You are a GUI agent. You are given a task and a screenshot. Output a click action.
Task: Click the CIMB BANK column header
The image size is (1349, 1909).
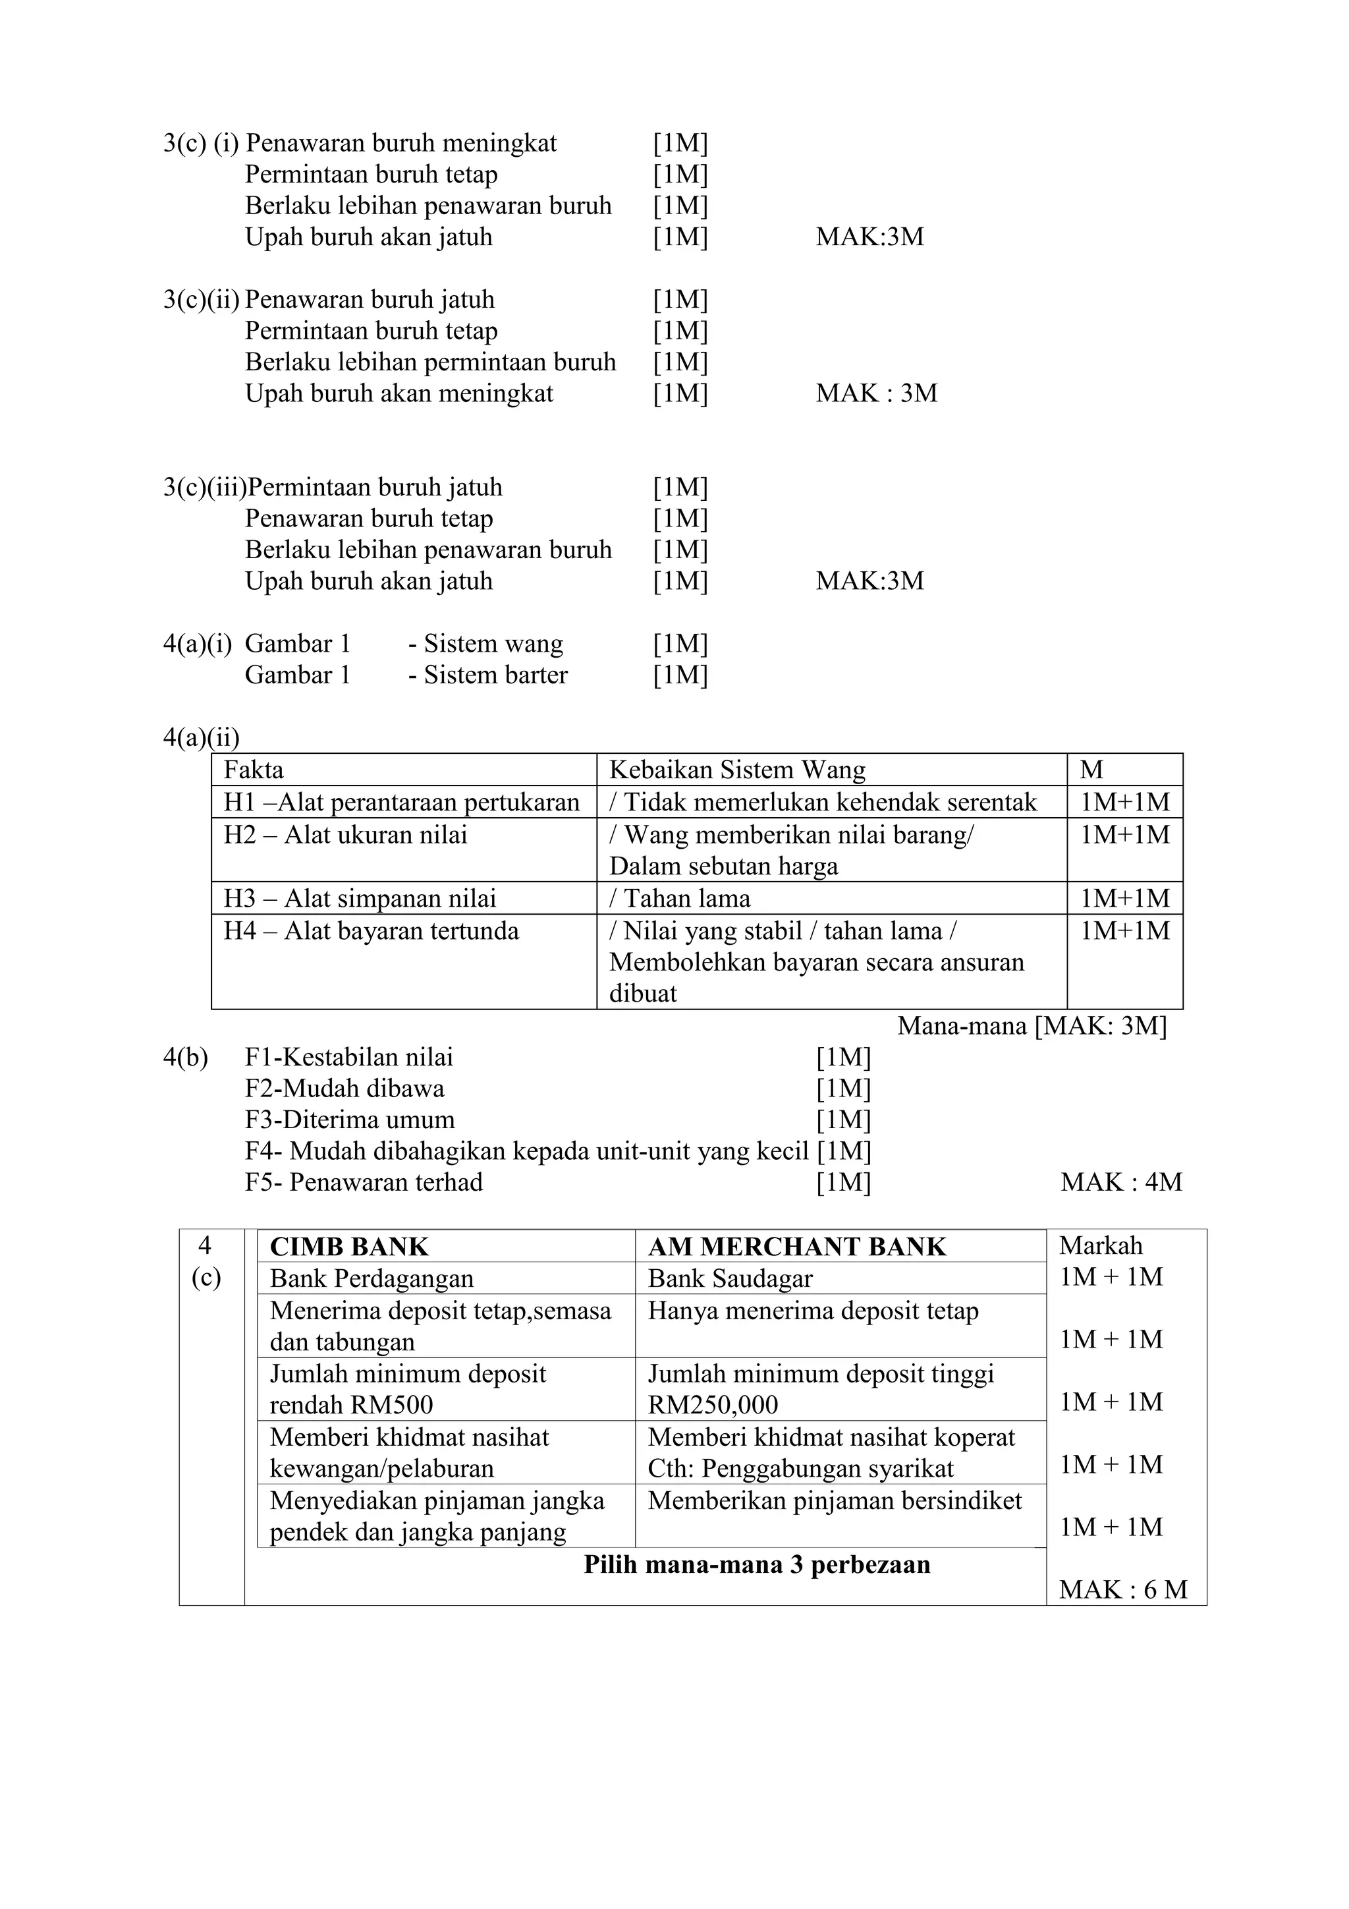coord(349,1247)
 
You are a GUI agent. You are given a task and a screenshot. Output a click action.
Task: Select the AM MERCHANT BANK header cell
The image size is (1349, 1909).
coord(796,1247)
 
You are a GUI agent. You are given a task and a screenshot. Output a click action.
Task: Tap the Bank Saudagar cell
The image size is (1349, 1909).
coord(730,1279)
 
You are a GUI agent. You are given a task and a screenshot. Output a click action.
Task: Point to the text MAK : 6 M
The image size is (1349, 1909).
coord(1122,1589)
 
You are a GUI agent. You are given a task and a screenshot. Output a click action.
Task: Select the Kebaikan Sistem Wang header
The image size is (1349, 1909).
coord(736,770)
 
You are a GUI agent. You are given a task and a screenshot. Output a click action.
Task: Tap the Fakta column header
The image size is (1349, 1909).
coord(254,770)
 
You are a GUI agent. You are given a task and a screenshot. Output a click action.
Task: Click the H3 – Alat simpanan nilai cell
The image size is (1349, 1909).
coord(359,899)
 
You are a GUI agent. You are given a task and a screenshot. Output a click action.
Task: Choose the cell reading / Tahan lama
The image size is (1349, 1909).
coord(679,899)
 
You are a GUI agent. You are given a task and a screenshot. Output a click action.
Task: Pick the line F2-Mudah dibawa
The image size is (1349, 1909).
coord(344,1089)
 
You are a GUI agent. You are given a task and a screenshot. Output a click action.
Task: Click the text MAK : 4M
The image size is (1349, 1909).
coord(1120,1182)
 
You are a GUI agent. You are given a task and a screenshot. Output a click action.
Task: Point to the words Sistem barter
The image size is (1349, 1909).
coord(495,675)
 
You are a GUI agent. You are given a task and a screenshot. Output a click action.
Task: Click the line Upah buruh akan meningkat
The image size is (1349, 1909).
coord(399,393)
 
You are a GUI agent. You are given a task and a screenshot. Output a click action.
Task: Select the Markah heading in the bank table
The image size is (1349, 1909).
coord(1101,1245)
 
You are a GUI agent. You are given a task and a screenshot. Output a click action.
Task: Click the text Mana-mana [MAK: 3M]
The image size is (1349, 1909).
coord(1032,1026)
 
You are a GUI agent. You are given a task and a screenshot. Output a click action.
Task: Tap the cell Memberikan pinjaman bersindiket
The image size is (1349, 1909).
coord(835,1500)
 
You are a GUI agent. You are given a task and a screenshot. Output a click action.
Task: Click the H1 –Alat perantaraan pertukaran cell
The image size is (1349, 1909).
coord(401,803)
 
